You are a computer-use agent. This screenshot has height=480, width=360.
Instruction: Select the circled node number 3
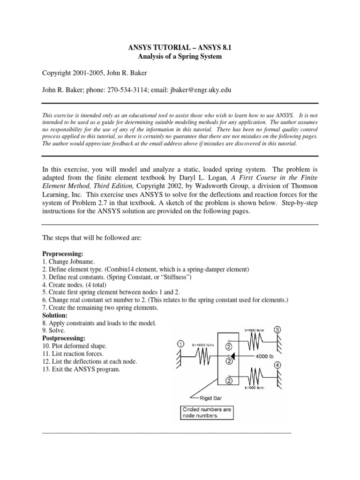coord(277,330)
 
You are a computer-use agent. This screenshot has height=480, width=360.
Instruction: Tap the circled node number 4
coord(277,365)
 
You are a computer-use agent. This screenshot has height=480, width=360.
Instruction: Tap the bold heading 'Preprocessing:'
coord(63,254)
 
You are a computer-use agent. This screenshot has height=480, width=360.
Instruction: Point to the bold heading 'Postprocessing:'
coord(64,337)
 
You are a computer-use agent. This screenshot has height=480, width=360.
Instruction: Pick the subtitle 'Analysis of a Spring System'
coord(180,57)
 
